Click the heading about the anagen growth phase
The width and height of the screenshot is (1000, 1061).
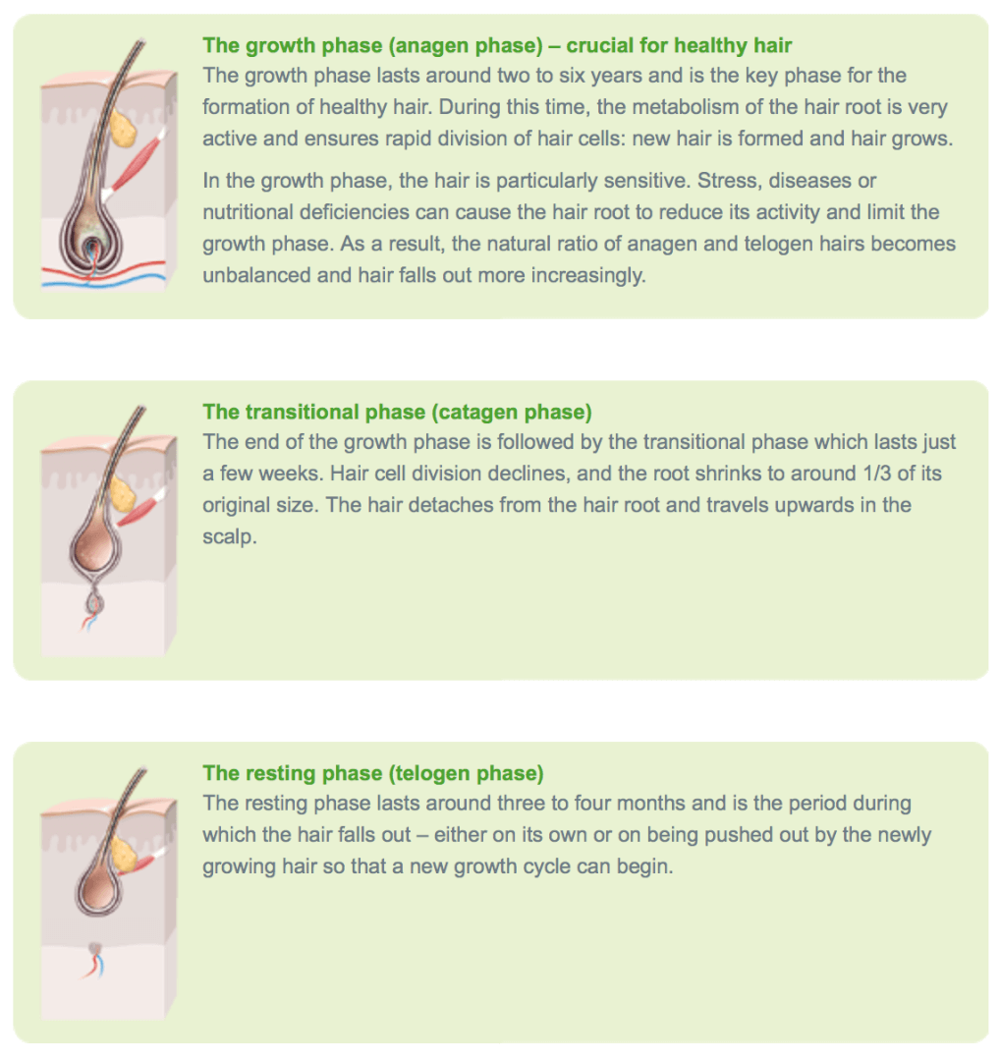pyautogui.click(x=497, y=45)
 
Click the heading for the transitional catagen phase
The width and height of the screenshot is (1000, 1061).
pyautogui.click(x=397, y=412)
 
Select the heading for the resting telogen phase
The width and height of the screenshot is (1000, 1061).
pyautogui.click(x=373, y=773)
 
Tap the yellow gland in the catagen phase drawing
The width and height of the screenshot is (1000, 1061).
pyautogui.click(x=123, y=495)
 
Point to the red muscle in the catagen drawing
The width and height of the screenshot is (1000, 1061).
pyautogui.click(x=140, y=508)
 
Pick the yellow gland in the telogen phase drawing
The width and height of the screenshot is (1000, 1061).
pyautogui.click(x=123, y=854)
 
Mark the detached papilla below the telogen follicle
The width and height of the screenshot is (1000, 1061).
pyautogui.click(x=94, y=949)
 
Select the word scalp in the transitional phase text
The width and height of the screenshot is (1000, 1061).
pyautogui.click(x=229, y=537)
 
